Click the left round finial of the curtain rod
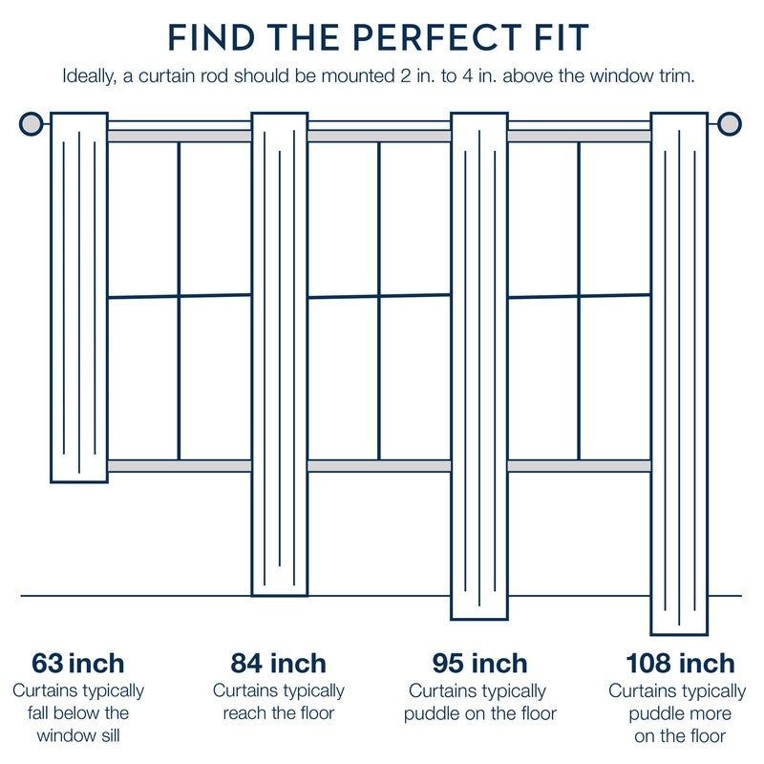pyautogui.click(x=32, y=124)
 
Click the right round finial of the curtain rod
pyautogui.click(x=730, y=124)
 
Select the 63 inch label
pyautogui.click(x=78, y=663)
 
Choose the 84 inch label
pyautogui.click(x=278, y=663)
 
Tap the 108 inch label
pyautogui.click(x=680, y=663)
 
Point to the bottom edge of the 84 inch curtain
pyautogui.click(x=279, y=595)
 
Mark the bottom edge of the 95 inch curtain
pyautogui.click(x=478, y=619)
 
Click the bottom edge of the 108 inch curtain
pyautogui.click(x=679, y=633)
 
